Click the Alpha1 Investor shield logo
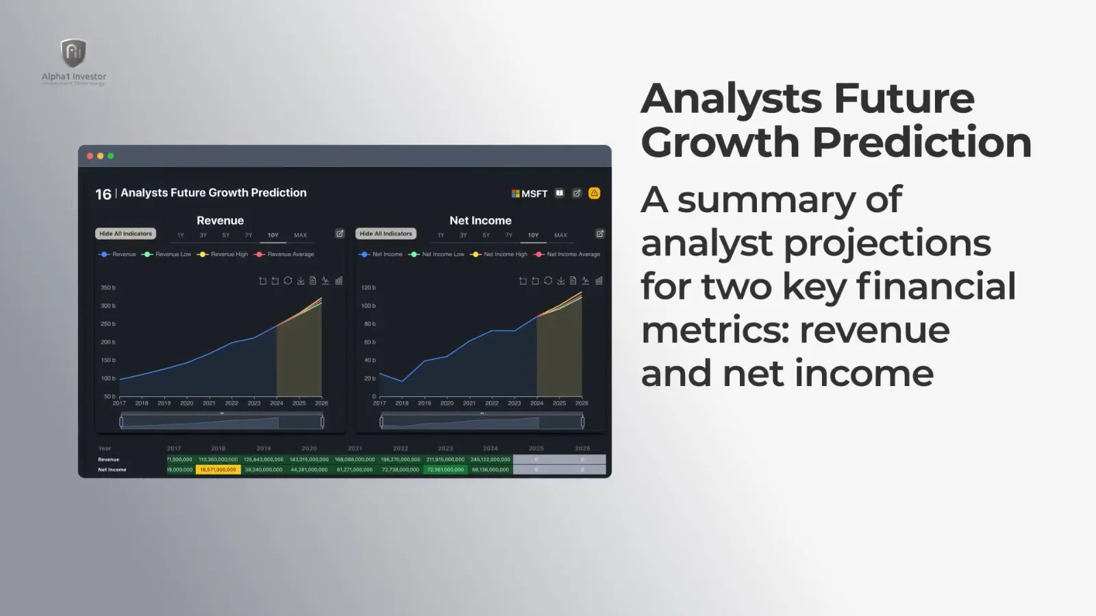tap(73, 53)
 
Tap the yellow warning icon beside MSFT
tap(594, 193)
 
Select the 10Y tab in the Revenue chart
tap(273, 235)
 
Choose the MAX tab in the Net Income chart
tap(560, 235)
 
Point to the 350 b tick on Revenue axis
tap(108, 287)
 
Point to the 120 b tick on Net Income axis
tap(369, 287)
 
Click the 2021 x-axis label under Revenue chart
tap(209, 403)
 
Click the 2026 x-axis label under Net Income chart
tap(582, 403)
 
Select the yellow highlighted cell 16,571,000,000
tap(218, 470)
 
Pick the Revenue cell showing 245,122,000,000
tap(490, 459)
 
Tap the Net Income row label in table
tap(112, 470)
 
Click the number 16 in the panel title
tap(103, 194)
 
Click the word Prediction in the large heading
tap(921, 142)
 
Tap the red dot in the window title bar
tap(90, 156)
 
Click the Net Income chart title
tap(480, 220)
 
